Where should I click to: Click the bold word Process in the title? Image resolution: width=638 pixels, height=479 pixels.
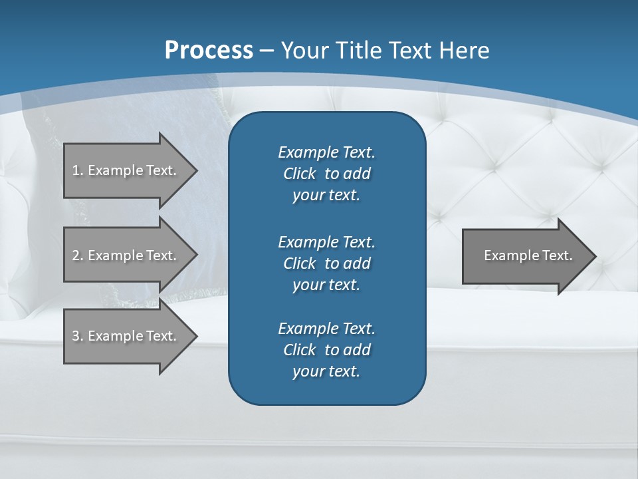[x=209, y=51]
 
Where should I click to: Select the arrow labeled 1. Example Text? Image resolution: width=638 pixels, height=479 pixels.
[x=126, y=170]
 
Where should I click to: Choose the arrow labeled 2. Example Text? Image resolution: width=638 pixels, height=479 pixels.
[x=126, y=255]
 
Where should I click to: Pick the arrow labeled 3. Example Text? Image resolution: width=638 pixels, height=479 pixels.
[x=126, y=336]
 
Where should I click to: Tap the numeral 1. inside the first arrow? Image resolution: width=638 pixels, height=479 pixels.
[x=77, y=170]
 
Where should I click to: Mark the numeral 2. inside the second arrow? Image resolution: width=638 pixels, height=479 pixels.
[x=77, y=255]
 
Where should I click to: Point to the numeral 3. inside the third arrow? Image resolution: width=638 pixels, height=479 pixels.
[x=77, y=336]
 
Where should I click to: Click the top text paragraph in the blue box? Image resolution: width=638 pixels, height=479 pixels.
[x=326, y=174]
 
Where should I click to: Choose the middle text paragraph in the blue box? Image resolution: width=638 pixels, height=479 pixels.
[x=326, y=263]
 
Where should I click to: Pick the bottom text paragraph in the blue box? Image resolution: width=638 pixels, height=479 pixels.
[x=326, y=350]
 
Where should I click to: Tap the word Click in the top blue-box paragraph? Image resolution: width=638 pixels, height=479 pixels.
[x=299, y=174]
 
